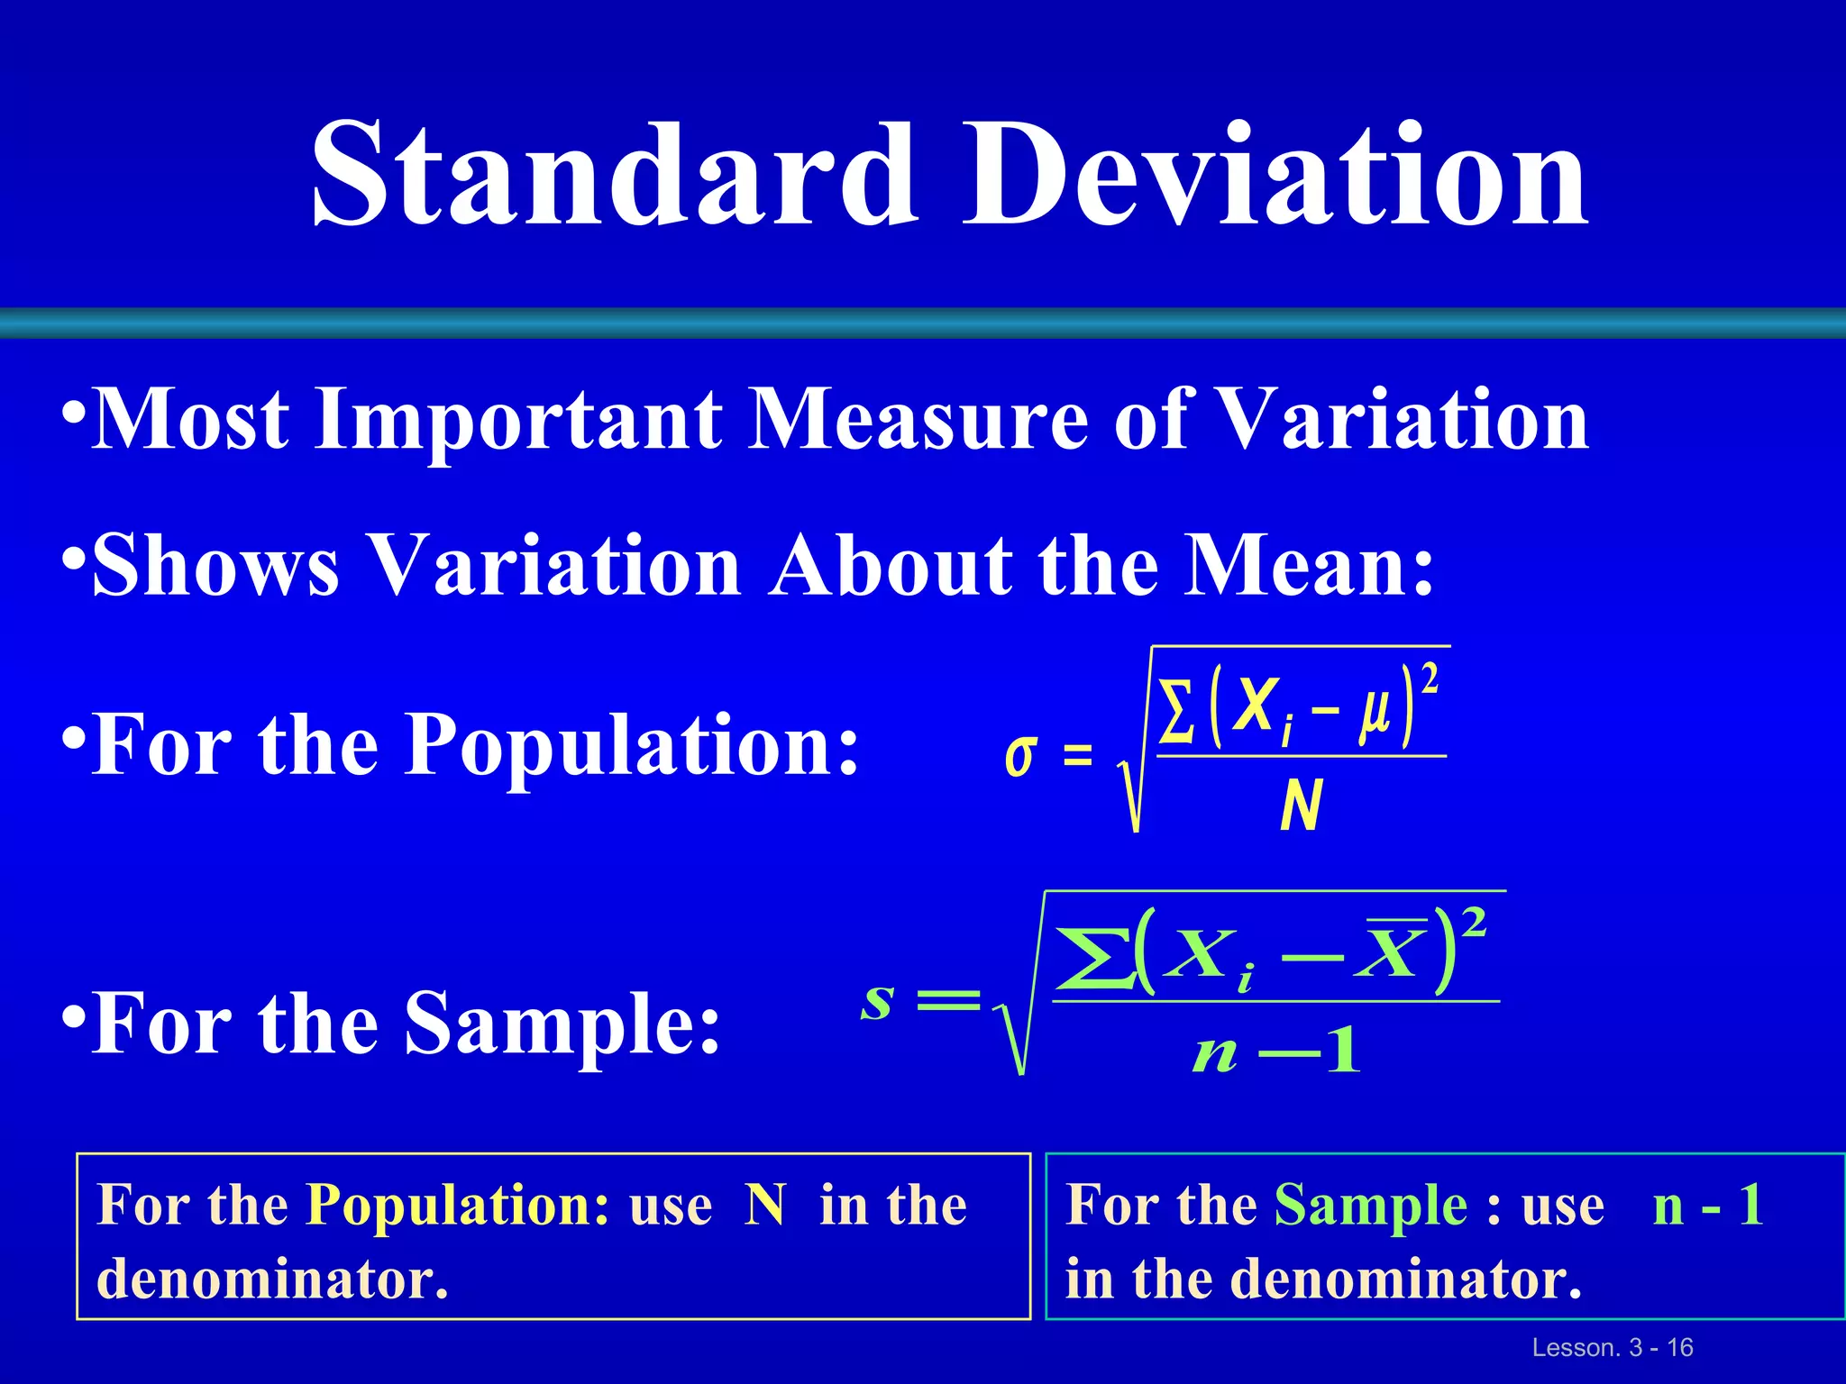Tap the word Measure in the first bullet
[x=919, y=419]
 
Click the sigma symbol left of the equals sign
[x=1020, y=755]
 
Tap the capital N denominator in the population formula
[x=1301, y=805]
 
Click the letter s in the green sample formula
[x=877, y=1000]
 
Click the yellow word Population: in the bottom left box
[x=458, y=1205]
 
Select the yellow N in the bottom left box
[x=765, y=1205]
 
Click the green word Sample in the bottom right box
[x=1370, y=1206]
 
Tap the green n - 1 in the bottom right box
[x=1707, y=1205]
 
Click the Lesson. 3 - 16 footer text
[x=1613, y=1347]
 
